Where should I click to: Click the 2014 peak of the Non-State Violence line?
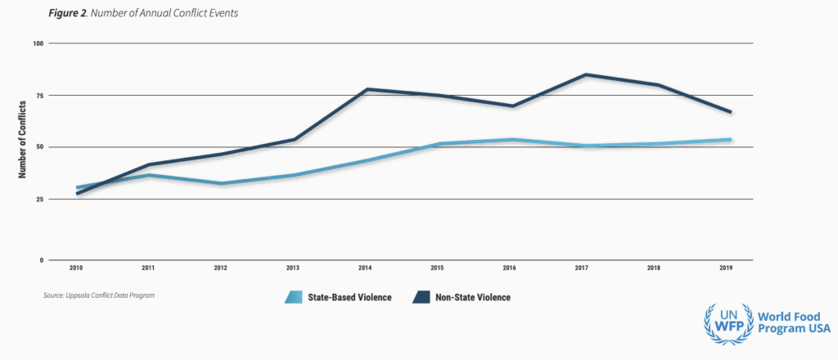click(x=367, y=89)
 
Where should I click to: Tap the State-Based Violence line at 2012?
click(x=221, y=183)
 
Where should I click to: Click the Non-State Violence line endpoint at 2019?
click(x=730, y=112)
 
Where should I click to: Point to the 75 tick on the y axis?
click(x=40, y=95)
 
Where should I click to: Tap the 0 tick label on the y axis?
click(x=42, y=260)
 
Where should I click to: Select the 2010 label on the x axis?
click(x=76, y=268)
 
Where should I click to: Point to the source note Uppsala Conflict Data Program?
click(x=100, y=295)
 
